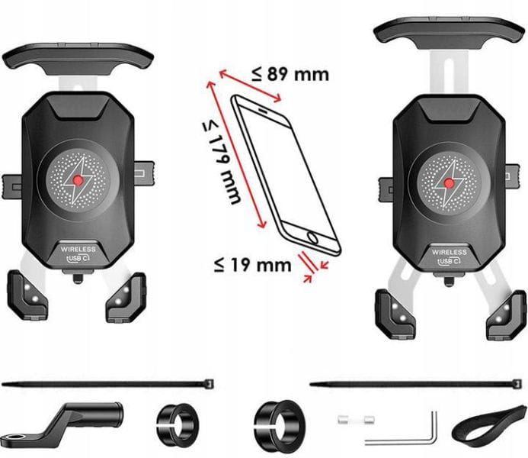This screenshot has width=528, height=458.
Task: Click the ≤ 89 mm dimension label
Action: pyautogui.click(x=290, y=74)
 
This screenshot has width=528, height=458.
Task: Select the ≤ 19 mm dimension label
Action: pyautogui.click(x=252, y=265)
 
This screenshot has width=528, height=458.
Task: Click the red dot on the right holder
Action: pyautogui.click(x=450, y=182)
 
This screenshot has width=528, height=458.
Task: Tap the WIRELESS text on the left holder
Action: pyautogui.click(x=78, y=249)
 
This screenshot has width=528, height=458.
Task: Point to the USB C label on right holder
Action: pyautogui.click(x=450, y=261)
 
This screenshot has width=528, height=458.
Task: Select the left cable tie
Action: pyautogui.click(x=107, y=382)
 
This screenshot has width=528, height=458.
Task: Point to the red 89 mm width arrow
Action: pyautogui.click(x=251, y=85)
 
